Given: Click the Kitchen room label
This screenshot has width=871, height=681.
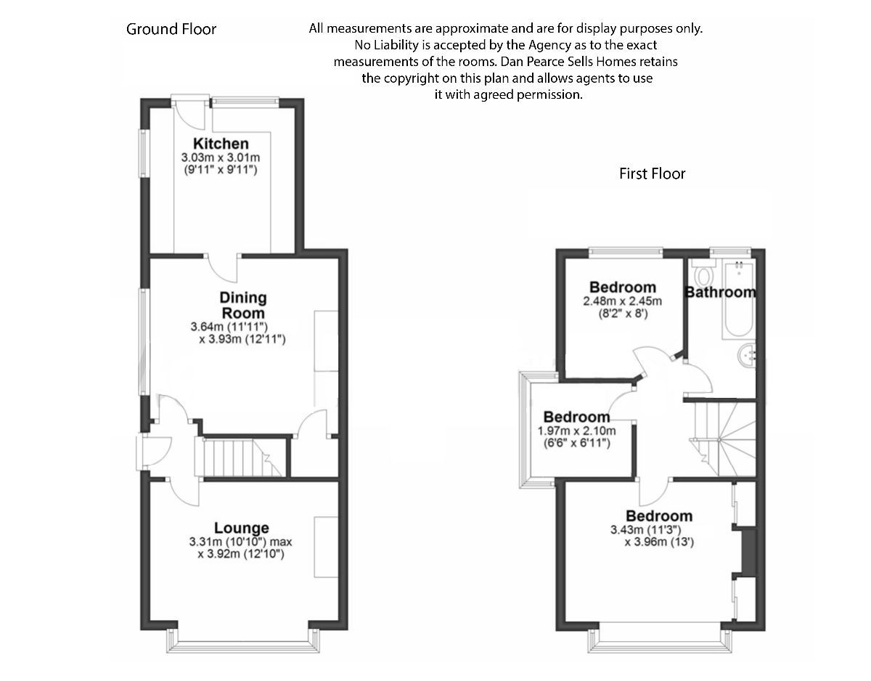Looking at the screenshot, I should tap(221, 144).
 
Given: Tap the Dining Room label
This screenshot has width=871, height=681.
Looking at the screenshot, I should tap(243, 304).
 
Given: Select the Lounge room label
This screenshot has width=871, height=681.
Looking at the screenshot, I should tap(242, 528).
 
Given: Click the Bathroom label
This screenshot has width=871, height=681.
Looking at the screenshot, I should tap(720, 293).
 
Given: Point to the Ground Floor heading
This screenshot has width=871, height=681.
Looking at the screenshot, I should tap(171, 29).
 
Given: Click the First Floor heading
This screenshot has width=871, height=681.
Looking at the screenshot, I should tap(652, 174).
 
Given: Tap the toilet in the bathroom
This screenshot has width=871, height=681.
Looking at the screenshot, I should tap(703, 275).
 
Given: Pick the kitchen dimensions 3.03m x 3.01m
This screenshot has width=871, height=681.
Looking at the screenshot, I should tap(221, 158).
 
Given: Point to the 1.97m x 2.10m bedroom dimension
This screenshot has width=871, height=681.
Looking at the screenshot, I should tap(577, 431).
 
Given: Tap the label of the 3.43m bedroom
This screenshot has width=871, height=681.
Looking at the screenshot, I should tap(659, 516).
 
